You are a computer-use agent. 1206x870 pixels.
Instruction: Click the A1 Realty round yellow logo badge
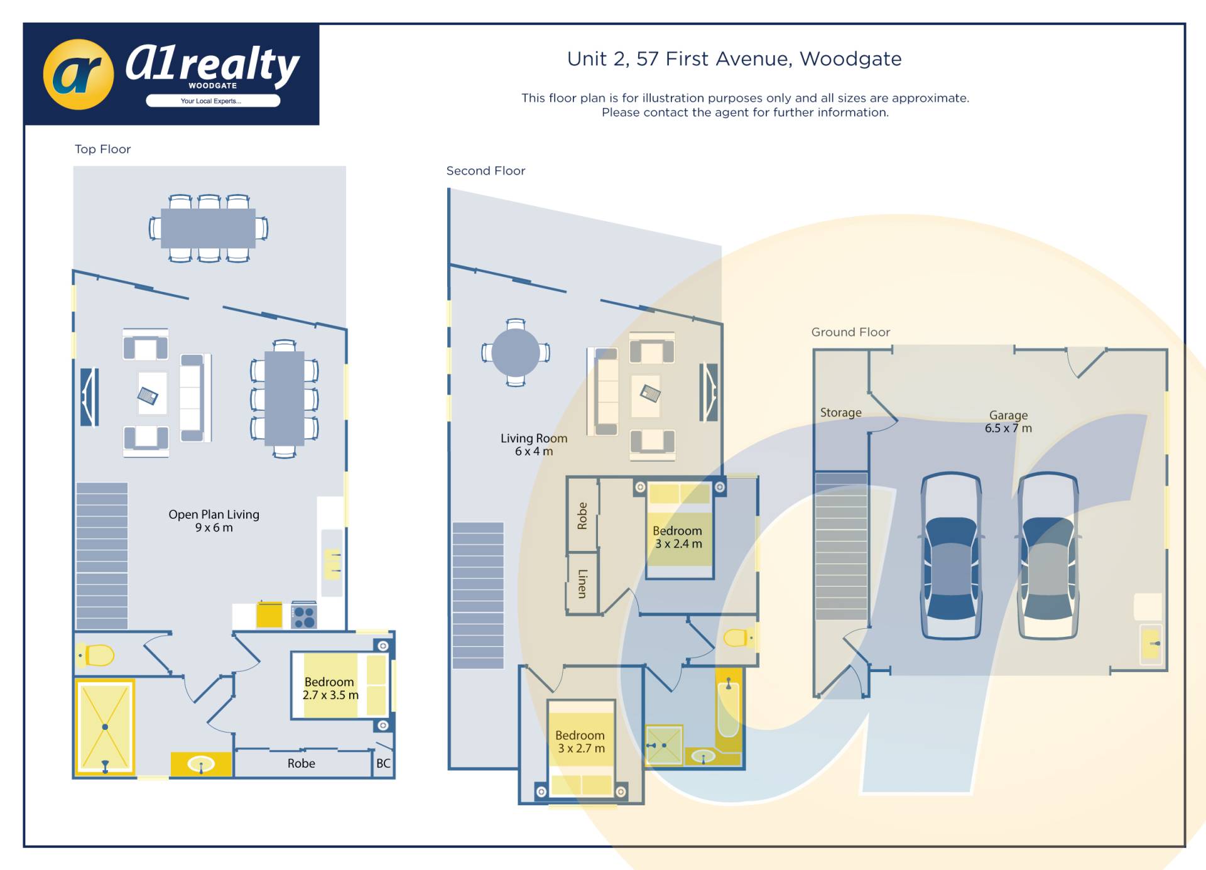click(x=79, y=74)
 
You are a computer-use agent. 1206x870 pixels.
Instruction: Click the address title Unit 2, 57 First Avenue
click(x=734, y=59)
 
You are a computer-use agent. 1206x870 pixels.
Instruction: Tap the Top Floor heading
click(x=102, y=149)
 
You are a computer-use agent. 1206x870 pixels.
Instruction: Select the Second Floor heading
click(x=486, y=171)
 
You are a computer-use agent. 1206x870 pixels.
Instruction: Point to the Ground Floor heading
click(x=850, y=332)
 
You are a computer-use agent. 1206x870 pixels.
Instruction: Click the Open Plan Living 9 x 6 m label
click(x=214, y=521)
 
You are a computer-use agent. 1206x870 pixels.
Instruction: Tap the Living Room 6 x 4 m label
click(x=534, y=445)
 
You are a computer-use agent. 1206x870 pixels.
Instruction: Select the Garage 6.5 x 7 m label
click(x=1008, y=421)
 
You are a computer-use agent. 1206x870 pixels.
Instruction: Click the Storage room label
click(x=840, y=413)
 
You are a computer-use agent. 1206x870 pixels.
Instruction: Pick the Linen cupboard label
click(x=582, y=584)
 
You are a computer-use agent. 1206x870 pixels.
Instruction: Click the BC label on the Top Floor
click(x=383, y=763)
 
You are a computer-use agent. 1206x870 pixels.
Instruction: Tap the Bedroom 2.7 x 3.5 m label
click(x=330, y=688)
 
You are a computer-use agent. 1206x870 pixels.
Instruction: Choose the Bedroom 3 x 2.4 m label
click(x=678, y=537)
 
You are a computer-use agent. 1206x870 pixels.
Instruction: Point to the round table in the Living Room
click(x=516, y=352)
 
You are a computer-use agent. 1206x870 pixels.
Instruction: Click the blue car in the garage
click(x=951, y=556)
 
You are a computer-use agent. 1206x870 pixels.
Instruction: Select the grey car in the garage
click(x=1048, y=556)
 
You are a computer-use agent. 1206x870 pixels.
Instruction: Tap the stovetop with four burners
click(x=304, y=617)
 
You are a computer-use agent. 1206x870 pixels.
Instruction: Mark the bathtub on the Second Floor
click(x=729, y=710)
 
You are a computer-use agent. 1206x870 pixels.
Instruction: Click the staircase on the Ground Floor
click(x=841, y=546)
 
